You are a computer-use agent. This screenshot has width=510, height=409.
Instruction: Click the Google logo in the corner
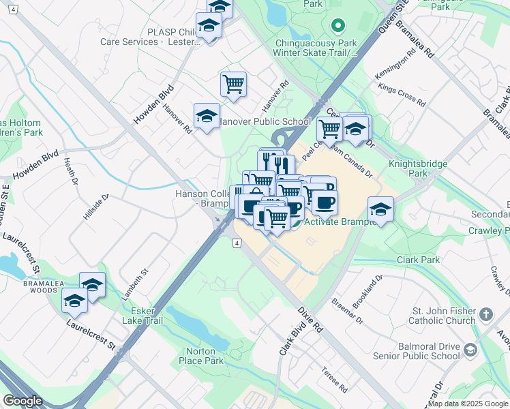point(22,401)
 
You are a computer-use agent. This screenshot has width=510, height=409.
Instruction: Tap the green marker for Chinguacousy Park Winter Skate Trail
point(336,27)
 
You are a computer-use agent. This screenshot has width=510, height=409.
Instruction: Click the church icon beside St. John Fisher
point(485,314)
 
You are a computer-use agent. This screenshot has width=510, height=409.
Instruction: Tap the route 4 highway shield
point(236,243)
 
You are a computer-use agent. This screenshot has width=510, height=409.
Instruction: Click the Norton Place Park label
point(201,356)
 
